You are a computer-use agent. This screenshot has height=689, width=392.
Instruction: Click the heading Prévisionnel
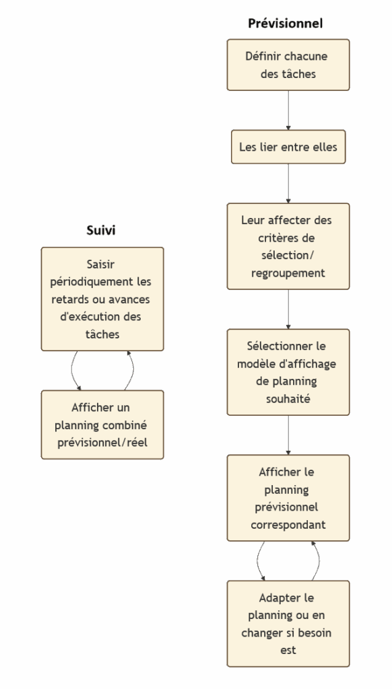point(285,24)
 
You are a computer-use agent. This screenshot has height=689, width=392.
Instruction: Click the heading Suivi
point(101,230)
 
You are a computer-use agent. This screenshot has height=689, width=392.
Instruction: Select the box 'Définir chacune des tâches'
point(288,65)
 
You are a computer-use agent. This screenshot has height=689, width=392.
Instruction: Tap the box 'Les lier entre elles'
point(288,147)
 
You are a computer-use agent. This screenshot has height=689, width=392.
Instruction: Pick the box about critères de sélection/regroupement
point(288,246)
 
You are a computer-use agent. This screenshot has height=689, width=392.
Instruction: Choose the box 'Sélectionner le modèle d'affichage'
point(288,372)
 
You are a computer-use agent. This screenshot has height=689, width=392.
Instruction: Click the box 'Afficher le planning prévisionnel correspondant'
point(288,498)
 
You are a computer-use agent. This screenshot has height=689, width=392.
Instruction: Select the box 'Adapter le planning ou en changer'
point(288,624)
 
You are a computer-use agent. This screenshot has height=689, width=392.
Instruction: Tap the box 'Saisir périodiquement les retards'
point(102,299)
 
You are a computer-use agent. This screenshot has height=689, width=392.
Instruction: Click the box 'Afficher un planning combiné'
point(102,425)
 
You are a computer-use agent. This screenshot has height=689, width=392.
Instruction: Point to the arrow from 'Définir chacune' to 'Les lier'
point(288,110)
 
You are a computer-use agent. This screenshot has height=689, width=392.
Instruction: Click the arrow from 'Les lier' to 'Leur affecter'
point(288,184)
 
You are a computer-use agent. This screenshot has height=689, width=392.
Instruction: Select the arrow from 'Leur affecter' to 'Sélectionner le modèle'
point(288,310)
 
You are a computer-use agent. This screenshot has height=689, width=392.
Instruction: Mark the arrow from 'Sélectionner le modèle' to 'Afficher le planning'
point(288,435)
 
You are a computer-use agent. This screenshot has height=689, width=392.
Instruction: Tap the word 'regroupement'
point(288,273)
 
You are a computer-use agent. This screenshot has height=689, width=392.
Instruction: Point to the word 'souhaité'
point(288,398)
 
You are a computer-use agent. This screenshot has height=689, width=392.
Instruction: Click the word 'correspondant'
point(288,525)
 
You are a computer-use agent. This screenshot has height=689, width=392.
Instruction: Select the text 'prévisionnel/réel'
point(102,443)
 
